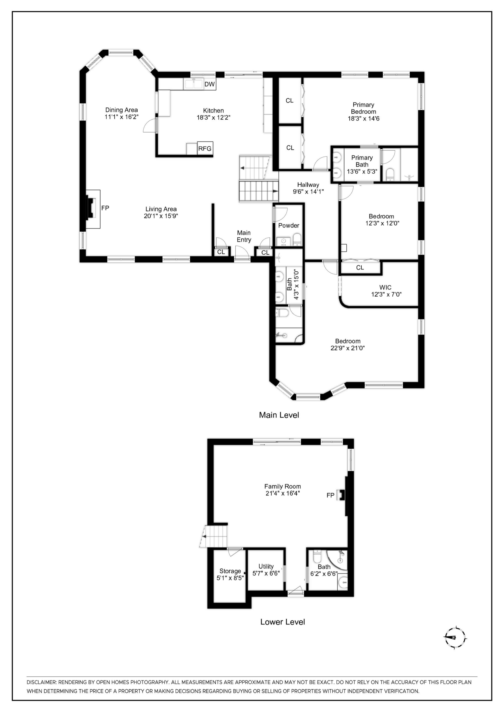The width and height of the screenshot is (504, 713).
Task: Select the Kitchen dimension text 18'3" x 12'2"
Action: [x=213, y=117]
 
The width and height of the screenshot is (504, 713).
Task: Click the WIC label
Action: [x=385, y=287]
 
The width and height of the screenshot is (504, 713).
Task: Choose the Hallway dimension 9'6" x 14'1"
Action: [x=308, y=192]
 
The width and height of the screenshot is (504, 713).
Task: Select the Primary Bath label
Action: [x=362, y=161]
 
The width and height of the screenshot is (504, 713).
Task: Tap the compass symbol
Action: [x=455, y=638]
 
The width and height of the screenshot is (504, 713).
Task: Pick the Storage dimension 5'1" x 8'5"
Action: [x=230, y=578]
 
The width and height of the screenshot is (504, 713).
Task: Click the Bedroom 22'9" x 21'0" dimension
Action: [x=348, y=348]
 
